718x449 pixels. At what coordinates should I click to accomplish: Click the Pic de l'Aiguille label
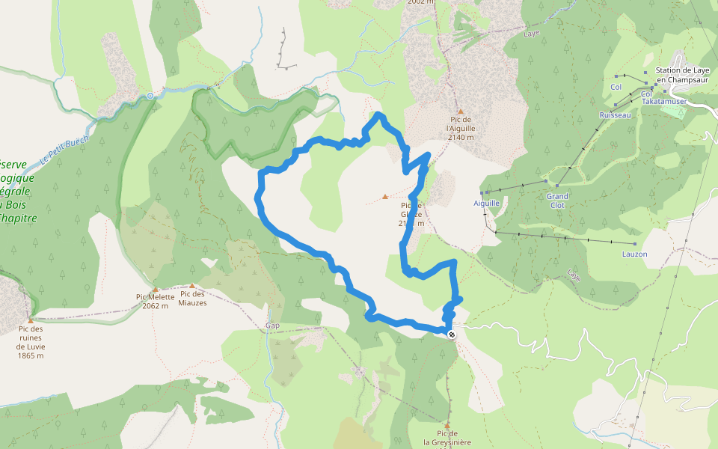(x=460, y=123)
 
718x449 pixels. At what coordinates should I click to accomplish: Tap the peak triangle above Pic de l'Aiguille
(x=460, y=111)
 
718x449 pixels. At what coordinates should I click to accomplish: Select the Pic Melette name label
(x=155, y=297)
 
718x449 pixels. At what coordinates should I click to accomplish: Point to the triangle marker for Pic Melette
(x=156, y=289)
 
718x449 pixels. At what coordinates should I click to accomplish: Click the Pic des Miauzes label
(x=192, y=298)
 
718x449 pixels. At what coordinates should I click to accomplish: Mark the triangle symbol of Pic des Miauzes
(x=192, y=286)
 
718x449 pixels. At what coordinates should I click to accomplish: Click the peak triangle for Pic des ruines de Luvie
(x=31, y=320)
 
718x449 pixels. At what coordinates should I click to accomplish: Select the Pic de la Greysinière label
(x=447, y=438)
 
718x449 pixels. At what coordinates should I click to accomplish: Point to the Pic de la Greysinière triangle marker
(x=447, y=425)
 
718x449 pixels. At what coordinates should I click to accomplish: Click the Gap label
(x=272, y=326)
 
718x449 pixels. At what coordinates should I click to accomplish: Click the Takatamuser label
(x=663, y=101)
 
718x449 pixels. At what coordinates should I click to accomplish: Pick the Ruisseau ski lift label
(x=616, y=115)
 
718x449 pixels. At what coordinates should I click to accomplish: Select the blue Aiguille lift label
(x=486, y=203)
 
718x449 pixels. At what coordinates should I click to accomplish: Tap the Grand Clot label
(x=556, y=201)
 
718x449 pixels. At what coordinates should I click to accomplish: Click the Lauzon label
(x=634, y=254)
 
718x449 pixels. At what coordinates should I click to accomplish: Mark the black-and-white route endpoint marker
(x=451, y=335)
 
